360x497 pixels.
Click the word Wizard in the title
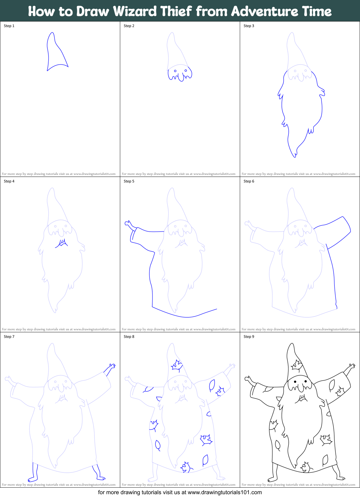[x=135, y=11]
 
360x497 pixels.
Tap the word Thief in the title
[x=176, y=11]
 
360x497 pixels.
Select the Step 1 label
[x=9, y=26]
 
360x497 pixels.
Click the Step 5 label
[x=129, y=181]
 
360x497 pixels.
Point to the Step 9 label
[x=249, y=337]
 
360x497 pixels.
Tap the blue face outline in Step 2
[x=180, y=73]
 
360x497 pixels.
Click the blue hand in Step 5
[x=129, y=224]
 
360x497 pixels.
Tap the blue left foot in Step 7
[x=33, y=473]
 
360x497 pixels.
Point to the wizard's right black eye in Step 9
[x=306, y=381]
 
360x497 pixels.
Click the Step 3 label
[x=249, y=26]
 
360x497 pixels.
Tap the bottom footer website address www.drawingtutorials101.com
[x=225, y=492]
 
